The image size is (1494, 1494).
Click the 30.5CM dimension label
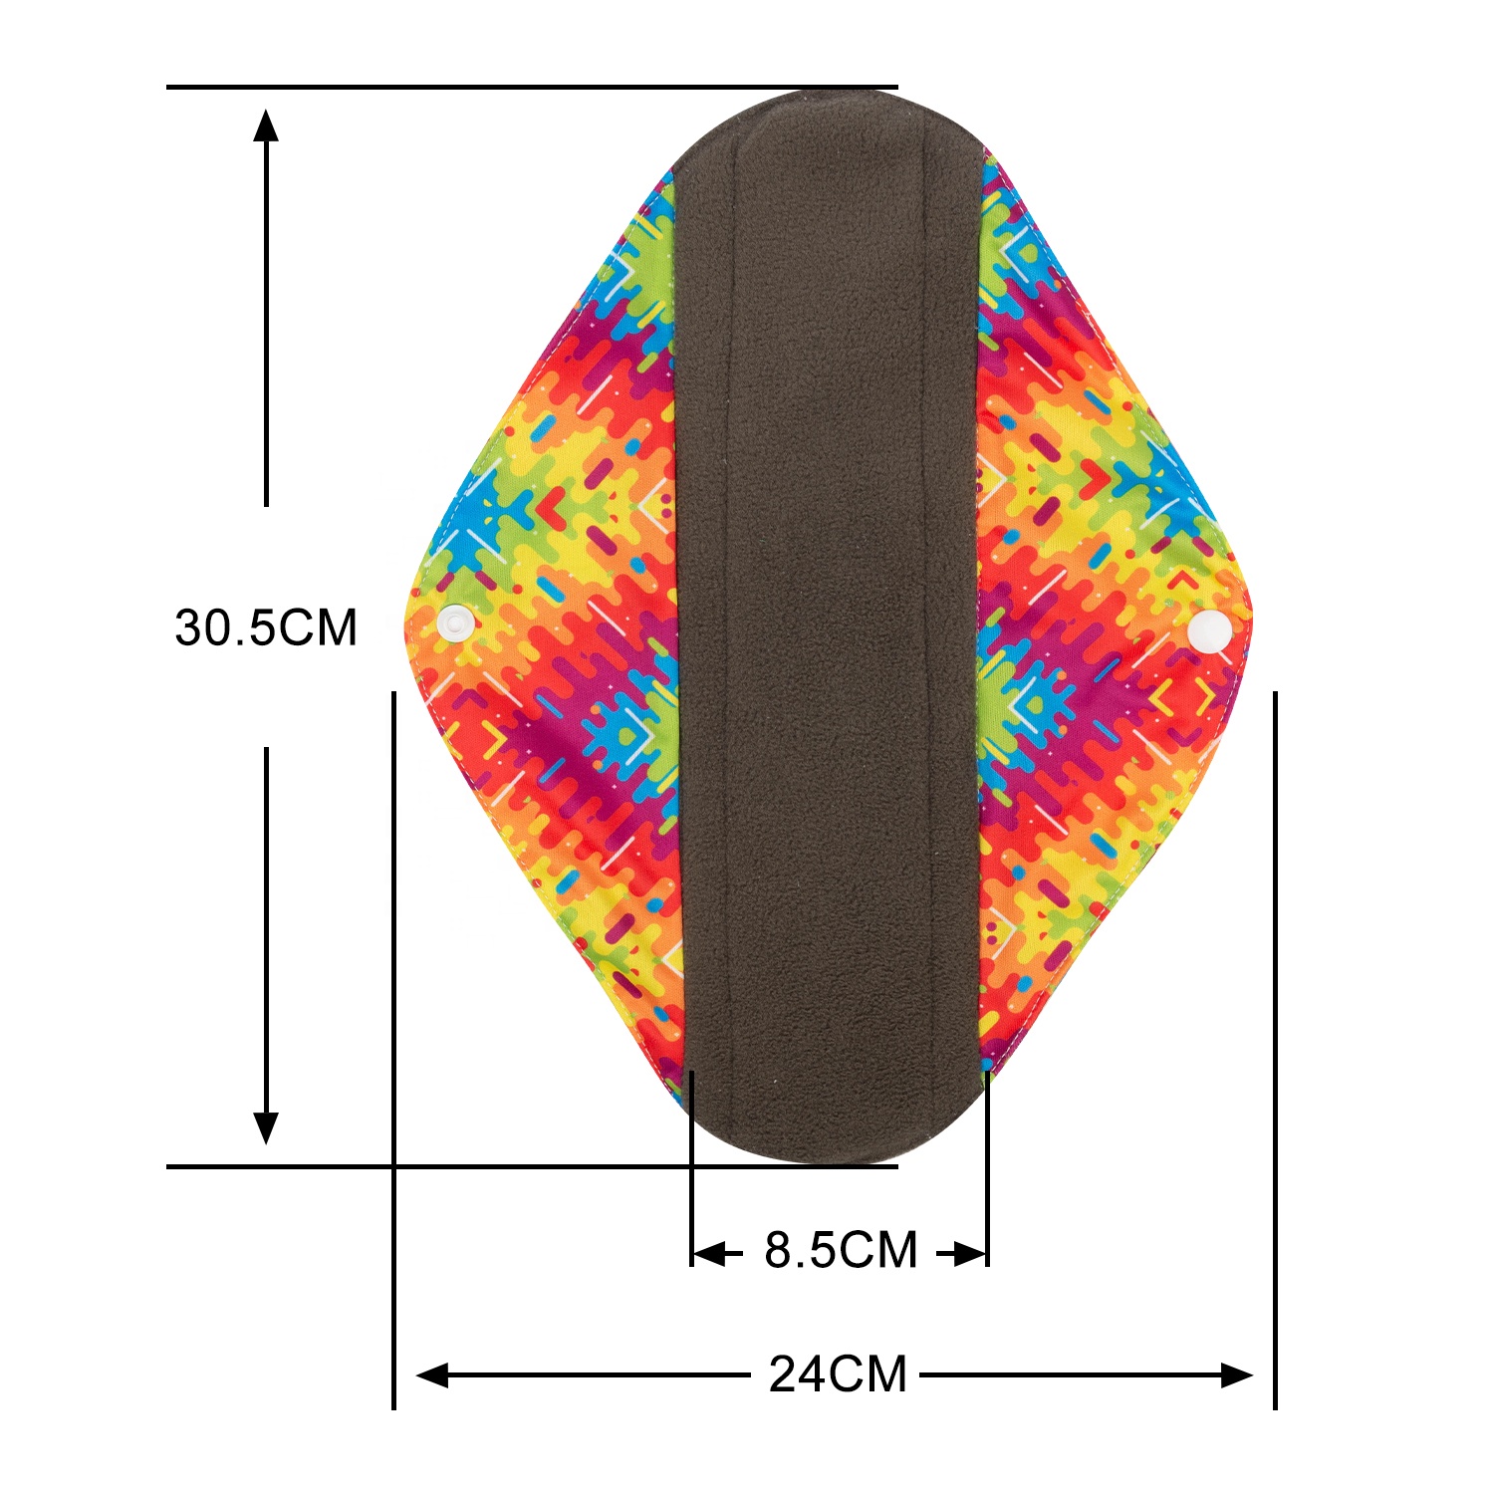tap(266, 628)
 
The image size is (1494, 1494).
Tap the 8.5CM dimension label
tap(841, 1251)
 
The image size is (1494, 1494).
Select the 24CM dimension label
tap(838, 1375)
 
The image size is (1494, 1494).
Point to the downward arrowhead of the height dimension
tap(266, 1125)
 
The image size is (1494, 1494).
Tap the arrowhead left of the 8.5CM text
tap(709, 1253)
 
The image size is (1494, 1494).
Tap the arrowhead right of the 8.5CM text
tap(969, 1253)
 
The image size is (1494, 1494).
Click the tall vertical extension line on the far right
tap(1275, 1046)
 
